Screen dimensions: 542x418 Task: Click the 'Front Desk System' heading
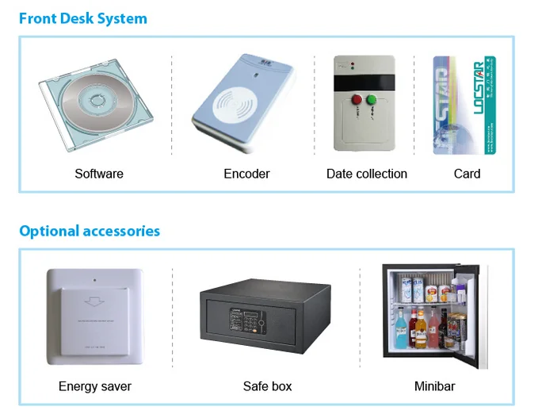(83, 18)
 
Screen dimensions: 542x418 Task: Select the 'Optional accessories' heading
(90, 231)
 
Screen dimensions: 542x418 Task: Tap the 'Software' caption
(99, 174)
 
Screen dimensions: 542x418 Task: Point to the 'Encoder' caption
(246, 174)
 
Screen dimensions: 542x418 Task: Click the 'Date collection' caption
(367, 174)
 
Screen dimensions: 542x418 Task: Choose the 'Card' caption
(467, 174)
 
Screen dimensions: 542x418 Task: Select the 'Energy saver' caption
(95, 386)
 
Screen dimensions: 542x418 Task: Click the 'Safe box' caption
(267, 386)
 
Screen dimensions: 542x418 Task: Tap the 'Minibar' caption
(434, 386)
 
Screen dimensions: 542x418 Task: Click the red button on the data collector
(356, 100)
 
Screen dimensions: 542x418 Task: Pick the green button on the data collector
(372, 100)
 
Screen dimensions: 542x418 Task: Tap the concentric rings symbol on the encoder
(239, 103)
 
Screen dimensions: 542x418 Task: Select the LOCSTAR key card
(464, 104)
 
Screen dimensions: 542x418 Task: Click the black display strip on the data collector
(365, 82)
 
